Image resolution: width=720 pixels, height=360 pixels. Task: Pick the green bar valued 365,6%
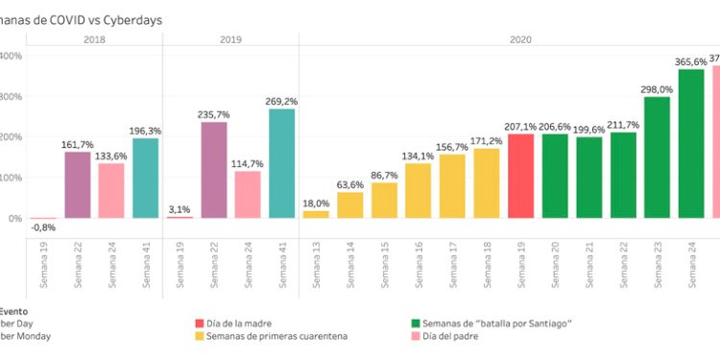(x=691, y=144)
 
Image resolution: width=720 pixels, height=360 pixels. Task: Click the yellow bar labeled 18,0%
(x=316, y=214)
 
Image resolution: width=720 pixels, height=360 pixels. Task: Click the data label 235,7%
(x=214, y=115)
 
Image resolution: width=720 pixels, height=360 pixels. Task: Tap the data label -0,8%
(x=42, y=228)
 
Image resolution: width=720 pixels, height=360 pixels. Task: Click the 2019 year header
(x=230, y=39)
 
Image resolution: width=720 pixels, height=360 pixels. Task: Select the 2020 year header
(x=520, y=39)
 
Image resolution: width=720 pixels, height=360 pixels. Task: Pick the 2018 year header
(x=94, y=39)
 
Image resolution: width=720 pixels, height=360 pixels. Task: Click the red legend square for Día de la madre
(x=200, y=324)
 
